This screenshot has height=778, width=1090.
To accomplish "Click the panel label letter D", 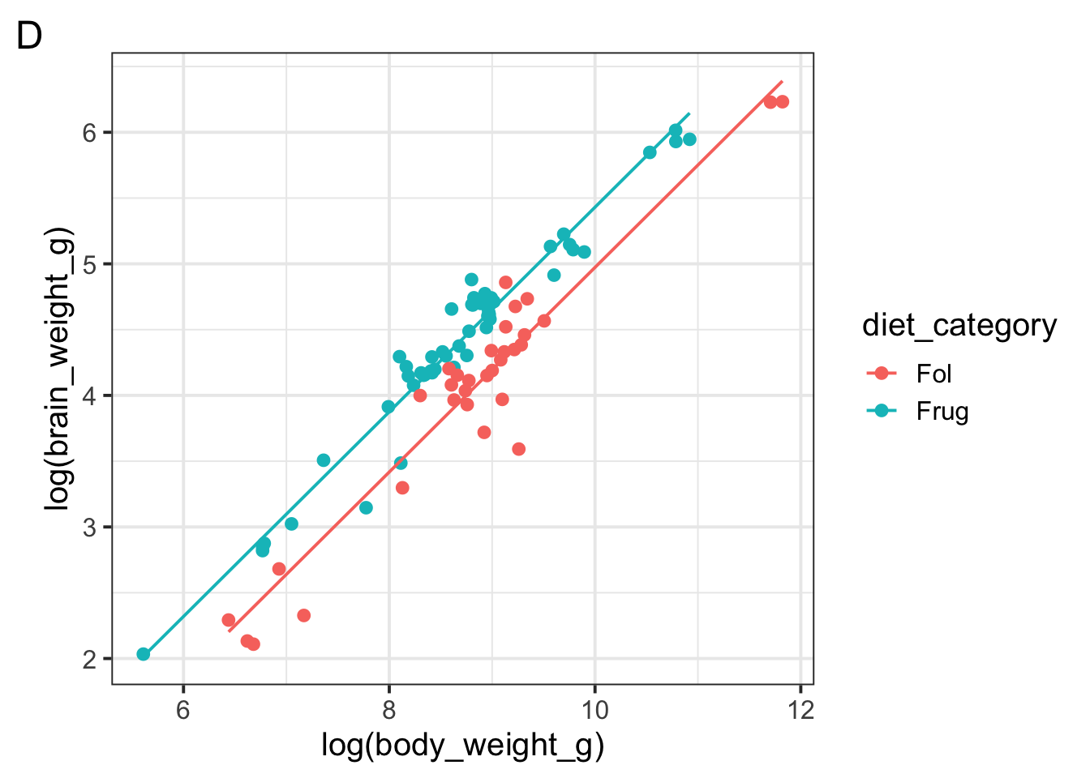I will pyautogui.click(x=29, y=37).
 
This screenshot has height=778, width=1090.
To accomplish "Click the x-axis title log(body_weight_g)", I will pyautogui.click(x=462, y=745).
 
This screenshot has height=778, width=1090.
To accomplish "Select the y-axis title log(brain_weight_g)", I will pyautogui.click(x=58, y=370).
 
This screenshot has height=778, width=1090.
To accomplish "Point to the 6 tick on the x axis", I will pyautogui.click(x=183, y=711).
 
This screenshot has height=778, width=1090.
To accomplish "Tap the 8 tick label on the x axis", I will pyautogui.click(x=389, y=711).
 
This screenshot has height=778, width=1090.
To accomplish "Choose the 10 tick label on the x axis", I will pyautogui.click(x=594, y=711).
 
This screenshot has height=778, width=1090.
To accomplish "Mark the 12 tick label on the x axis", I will pyautogui.click(x=800, y=711).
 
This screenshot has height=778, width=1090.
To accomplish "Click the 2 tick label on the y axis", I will pyautogui.click(x=89, y=660).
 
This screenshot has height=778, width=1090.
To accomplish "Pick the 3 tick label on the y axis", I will pyautogui.click(x=89, y=528).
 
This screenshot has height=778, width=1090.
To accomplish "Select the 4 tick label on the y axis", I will pyautogui.click(x=89, y=396).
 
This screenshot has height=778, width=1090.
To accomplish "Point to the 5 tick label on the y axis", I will pyautogui.click(x=89, y=264).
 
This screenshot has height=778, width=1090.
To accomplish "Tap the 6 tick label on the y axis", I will pyautogui.click(x=89, y=133).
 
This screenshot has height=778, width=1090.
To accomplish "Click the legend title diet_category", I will pyautogui.click(x=959, y=326).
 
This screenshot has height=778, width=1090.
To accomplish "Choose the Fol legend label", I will pyautogui.click(x=933, y=374).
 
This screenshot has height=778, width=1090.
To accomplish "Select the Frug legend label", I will pyautogui.click(x=942, y=412).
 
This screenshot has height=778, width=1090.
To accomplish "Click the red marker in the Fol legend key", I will pyautogui.click(x=882, y=374).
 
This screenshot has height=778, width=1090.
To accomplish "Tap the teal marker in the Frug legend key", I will pyautogui.click(x=882, y=412).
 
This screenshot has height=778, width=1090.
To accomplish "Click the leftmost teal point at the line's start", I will pyautogui.click(x=144, y=654).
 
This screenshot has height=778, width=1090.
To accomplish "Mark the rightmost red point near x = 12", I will pyautogui.click(x=783, y=101).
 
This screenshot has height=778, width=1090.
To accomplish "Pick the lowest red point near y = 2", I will pyautogui.click(x=253, y=644).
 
